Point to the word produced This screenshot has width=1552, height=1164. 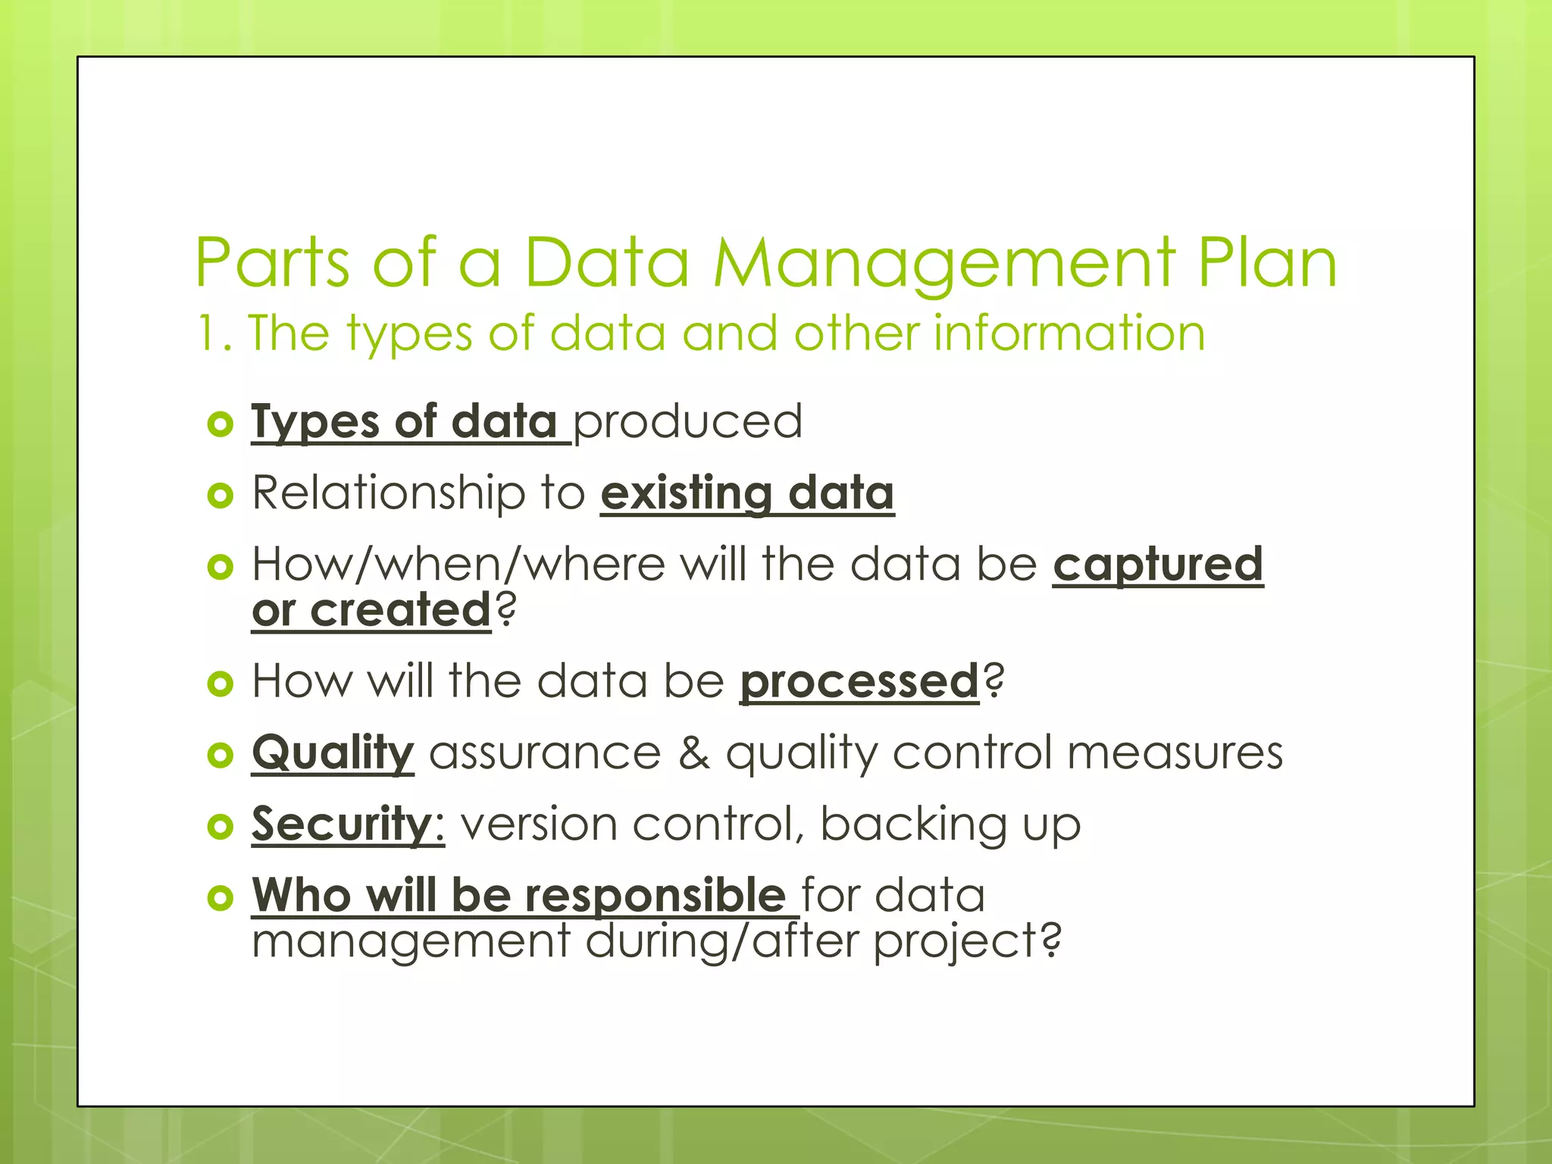click(687, 421)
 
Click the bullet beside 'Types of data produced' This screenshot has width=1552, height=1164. click(220, 424)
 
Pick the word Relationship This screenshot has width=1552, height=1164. click(388, 493)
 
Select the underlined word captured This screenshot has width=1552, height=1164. click(1158, 565)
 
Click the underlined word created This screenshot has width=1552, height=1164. click(401, 610)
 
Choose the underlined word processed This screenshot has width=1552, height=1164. click(859, 681)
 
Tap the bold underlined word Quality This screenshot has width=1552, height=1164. click(333, 753)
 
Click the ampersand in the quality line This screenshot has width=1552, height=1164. click(694, 753)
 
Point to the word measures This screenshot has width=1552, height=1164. click(1175, 753)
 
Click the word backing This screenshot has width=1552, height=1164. click(912, 824)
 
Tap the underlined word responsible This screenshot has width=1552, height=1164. click(655, 895)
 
